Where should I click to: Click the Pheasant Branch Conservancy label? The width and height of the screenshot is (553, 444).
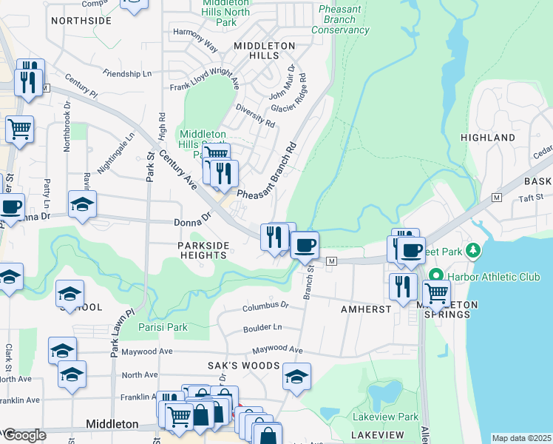click(x=340, y=19)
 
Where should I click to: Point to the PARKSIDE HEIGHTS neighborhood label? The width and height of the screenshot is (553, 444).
click(x=203, y=250)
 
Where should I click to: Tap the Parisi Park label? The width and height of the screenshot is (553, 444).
click(x=163, y=327)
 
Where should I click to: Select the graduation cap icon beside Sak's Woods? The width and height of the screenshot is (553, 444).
click(x=296, y=377)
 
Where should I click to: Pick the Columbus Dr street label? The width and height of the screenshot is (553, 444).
click(x=266, y=305)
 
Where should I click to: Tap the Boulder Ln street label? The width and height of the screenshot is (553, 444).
click(x=262, y=327)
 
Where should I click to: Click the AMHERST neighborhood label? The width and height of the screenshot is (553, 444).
click(x=365, y=309)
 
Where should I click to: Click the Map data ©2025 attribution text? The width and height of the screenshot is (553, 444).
click(x=521, y=438)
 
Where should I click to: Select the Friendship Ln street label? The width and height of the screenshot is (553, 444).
click(x=127, y=74)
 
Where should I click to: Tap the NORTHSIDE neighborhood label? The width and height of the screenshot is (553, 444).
click(x=81, y=21)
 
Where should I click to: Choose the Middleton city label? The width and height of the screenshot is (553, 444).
click(x=112, y=424)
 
